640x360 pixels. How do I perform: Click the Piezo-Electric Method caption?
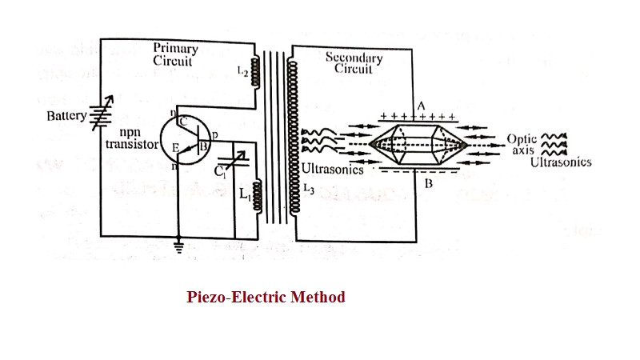(266, 298)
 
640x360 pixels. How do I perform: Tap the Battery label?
(66, 116)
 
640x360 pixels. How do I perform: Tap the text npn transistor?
(132, 138)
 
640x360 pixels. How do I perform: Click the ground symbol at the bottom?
(178, 247)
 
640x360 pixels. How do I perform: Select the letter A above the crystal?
(421, 107)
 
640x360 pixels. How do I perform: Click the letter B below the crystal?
(428, 184)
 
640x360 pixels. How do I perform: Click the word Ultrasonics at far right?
(561, 162)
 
